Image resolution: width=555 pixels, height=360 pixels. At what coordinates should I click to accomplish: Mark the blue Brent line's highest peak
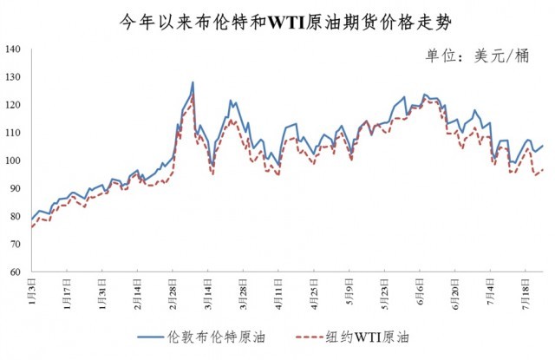pos(193,82)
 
